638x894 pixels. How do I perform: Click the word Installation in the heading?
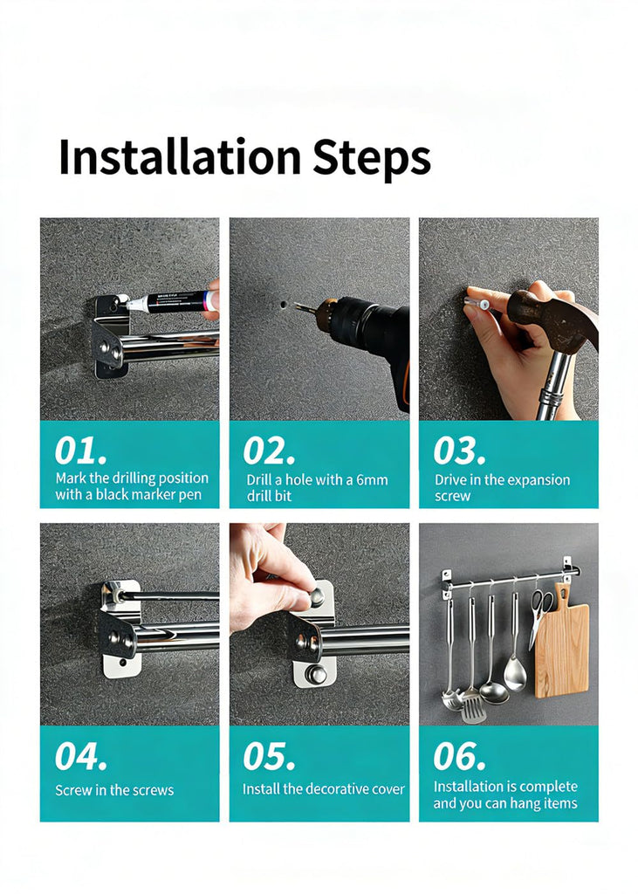tap(180, 157)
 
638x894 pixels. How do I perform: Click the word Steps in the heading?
tap(371, 158)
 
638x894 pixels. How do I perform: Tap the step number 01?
tap(80, 451)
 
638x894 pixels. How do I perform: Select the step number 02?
tap(269, 451)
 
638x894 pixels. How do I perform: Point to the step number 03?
tap(459, 451)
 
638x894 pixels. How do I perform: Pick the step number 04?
tap(80, 757)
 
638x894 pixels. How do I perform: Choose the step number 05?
tap(269, 757)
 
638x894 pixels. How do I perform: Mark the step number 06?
tap(459, 757)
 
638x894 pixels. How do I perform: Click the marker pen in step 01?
tap(171, 301)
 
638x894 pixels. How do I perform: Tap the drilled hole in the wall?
tap(284, 305)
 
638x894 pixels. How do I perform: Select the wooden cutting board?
tap(561, 644)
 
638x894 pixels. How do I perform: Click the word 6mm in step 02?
tap(372, 480)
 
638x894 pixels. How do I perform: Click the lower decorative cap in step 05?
tap(315, 675)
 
